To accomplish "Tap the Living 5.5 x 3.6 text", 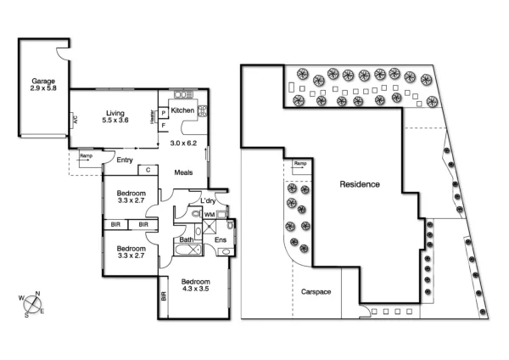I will pyautogui.click(x=115, y=117).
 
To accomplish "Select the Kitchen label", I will pyautogui.click(x=182, y=110).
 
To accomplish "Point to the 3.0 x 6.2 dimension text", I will pyautogui.click(x=183, y=143).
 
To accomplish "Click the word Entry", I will pyautogui.click(x=126, y=159).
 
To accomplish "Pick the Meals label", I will pyautogui.click(x=183, y=172).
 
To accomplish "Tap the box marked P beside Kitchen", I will pyautogui.click(x=163, y=111).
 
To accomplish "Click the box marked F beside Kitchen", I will pyautogui.click(x=163, y=125).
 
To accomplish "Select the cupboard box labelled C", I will pyautogui.click(x=148, y=170).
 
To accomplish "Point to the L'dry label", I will pyautogui.click(x=208, y=200).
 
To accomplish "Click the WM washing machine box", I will pyautogui.click(x=209, y=215).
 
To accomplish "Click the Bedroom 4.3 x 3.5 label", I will pyautogui.click(x=196, y=287).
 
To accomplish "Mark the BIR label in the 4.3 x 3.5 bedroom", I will pyautogui.click(x=163, y=297).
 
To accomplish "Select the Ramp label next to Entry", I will pyautogui.click(x=86, y=156).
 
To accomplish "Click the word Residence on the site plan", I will pyautogui.click(x=360, y=184).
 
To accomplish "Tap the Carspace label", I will pyautogui.click(x=316, y=291).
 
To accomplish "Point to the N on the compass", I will pyautogui.click(x=36, y=295).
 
